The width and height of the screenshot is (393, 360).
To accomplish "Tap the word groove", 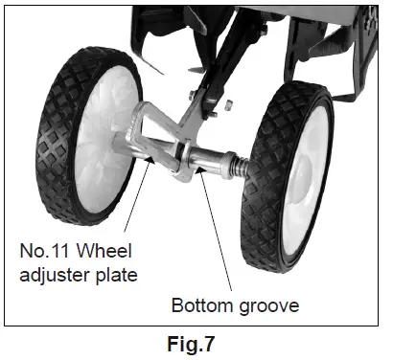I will coord(266,306).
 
